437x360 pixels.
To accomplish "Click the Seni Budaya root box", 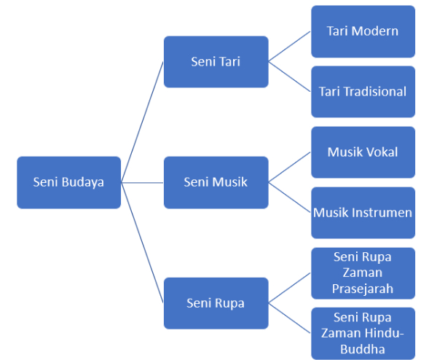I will pyautogui.click(x=68, y=182).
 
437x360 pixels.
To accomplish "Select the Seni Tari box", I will pyautogui.click(x=216, y=62).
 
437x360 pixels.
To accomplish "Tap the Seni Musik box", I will pyautogui.click(x=216, y=182).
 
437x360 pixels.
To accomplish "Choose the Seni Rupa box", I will pyautogui.click(x=216, y=302).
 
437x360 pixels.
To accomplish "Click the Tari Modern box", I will pyautogui.click(x=363, y=31).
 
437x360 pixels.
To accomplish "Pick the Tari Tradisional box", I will pyautogui.click(x=363, y=92).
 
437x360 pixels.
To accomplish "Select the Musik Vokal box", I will pyautogui.click(x=363, y=152).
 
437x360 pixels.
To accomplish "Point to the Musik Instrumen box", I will pyautogui.click(x=363, y=213).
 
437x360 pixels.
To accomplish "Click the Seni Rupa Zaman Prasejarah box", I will pyautogui.click(x=363, y=273).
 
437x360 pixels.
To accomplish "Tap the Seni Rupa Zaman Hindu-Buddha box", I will pyautogui.click(x=363, y=333).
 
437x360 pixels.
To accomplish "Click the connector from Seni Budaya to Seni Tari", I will pyautogui.click(x=143, y=122).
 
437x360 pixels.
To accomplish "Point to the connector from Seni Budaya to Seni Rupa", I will pyautogui.click(x=143, y=242).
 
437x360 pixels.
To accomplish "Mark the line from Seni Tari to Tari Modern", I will pyautogui.click(x=290, y=47).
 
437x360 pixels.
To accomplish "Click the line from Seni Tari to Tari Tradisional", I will pyautogui.click(x=290, y=77).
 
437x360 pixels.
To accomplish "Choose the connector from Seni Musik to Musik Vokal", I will pyautogui.click(x=290, y=167).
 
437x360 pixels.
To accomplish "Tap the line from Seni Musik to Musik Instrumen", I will pyautogui.click(x=290, y=197).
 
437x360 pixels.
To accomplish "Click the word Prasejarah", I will pyautogui.click(x=363, y=289).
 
